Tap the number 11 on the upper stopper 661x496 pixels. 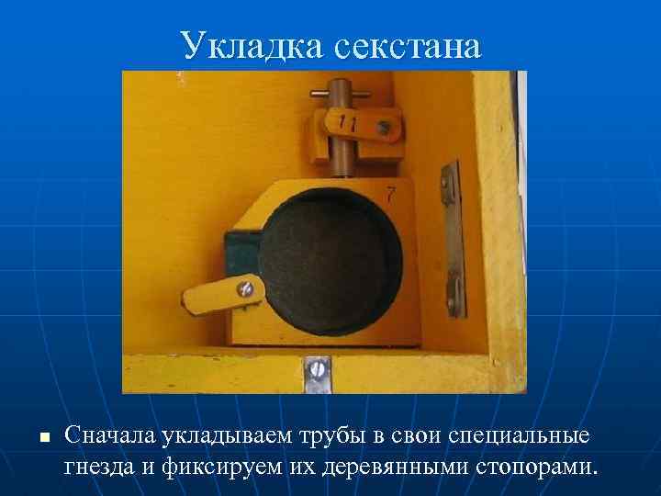(348, 122)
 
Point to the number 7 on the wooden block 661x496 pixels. (391, 194)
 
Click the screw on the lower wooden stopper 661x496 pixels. (245, 289)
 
